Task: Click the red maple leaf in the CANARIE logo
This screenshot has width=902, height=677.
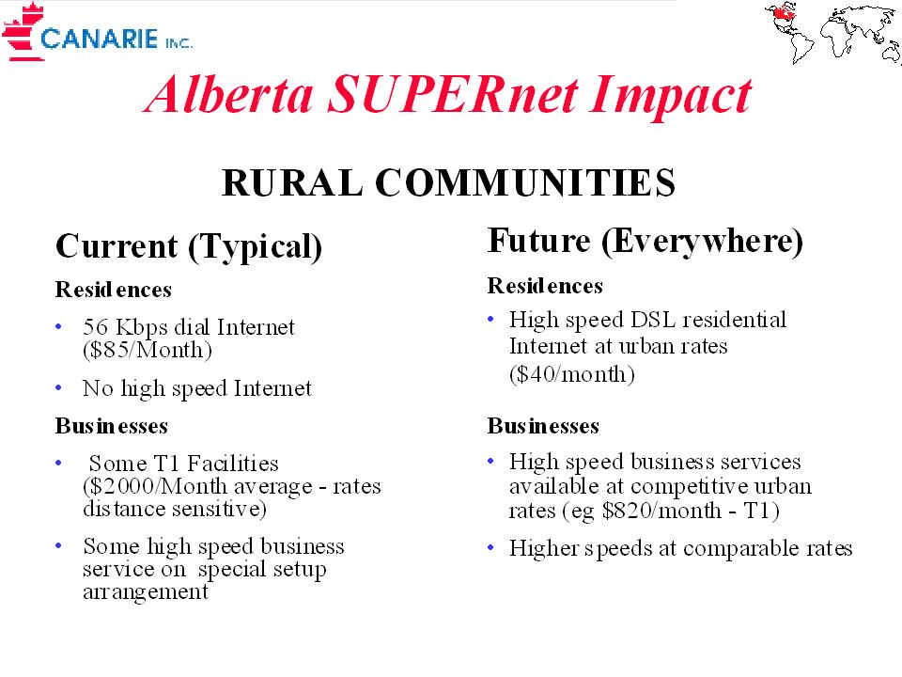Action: click(23, 32)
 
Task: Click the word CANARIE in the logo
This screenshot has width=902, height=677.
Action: click(99, 39)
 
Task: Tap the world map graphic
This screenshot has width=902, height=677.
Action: click(832, 32)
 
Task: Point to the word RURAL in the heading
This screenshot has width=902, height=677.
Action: click(292, 182)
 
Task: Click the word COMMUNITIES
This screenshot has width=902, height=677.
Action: click(525, 182)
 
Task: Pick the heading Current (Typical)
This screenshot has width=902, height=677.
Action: click(189, 247)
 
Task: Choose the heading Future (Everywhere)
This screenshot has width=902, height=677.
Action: click(645, 242)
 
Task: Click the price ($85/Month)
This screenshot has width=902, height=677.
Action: click(148, 350)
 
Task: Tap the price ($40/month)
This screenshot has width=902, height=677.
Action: click(572, 374)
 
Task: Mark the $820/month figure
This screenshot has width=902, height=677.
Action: click(661, 510)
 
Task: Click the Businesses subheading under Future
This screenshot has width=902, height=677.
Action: click(543, 426)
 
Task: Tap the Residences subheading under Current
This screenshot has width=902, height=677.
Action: click(114, 290)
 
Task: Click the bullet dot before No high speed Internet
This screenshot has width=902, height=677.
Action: click(58, 388)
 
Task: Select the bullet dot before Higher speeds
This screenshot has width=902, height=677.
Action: click(490, 547)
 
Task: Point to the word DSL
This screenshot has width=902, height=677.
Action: click(653, 320)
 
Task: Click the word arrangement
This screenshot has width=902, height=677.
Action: click(146, 591)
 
